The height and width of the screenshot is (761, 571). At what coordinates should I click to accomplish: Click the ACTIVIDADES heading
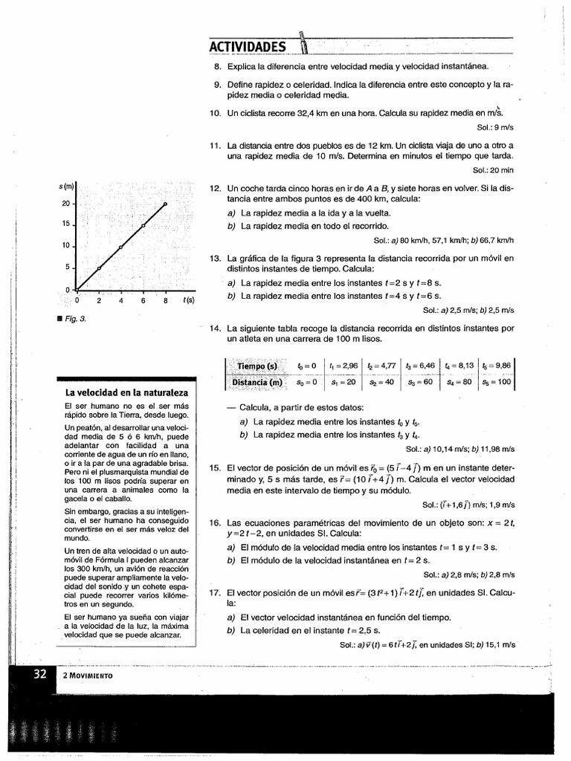coord(248,48)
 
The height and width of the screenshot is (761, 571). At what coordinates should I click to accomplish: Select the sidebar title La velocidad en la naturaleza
coord(126,392)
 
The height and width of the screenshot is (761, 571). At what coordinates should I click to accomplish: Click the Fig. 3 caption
coord(76,318)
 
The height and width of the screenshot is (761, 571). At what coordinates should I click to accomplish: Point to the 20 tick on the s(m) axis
coord(65,203)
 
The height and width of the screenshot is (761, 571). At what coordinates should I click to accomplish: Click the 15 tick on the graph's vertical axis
coord(65,224)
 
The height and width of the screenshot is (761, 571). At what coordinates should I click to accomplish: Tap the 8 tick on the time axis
coord(165,300)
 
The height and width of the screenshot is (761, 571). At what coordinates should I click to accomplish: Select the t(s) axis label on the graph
coord(189,300)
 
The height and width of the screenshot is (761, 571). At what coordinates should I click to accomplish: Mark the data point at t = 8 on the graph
coord(165,204)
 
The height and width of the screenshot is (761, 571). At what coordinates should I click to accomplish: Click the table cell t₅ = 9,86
coord(497,366)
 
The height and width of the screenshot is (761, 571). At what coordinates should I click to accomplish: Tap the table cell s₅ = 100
coord(497,383)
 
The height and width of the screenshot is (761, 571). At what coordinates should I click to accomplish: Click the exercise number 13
coord(216,259)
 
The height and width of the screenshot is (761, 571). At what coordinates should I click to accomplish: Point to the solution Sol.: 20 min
coord(493,170)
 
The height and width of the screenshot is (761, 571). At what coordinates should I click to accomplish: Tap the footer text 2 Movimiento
coord(88,676)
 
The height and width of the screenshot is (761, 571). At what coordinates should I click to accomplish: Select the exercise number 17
coord(216,593)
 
